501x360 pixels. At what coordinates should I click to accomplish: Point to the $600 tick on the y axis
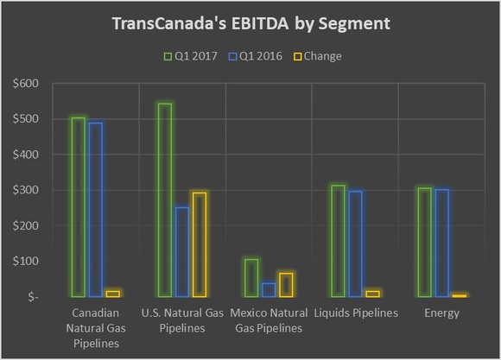(x=29, y=84)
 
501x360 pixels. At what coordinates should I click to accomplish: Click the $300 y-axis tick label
(x=29, y=190)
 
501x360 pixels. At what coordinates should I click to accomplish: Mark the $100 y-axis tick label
(x=29, y=261)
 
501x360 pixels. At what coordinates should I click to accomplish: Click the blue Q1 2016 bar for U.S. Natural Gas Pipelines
(x=181, y=251)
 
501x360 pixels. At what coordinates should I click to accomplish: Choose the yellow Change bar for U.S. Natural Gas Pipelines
(x=200, y=244)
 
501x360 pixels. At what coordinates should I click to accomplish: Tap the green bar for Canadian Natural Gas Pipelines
(x=78, y=206)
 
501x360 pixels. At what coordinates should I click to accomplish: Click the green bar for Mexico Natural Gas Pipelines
(x=250, y=277)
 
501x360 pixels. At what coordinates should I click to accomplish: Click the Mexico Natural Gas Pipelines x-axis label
(x=268, y=320)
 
